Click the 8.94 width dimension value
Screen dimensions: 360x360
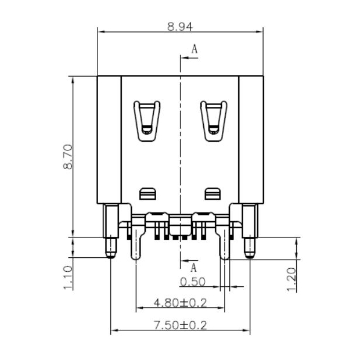click(180, 26)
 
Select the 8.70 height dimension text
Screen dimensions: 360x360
click(68, 157)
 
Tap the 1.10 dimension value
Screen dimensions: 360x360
click(68, 277)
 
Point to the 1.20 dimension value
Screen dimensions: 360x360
click(292, 279)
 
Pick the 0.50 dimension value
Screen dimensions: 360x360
click(193, 282)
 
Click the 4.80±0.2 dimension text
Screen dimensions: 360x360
click(180, 303)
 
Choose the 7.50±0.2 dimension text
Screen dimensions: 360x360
click(180, 326)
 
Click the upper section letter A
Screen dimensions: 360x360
click(195, 50)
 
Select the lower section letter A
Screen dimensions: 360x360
click(194, 268)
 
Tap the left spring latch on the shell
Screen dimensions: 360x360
click(146, 120)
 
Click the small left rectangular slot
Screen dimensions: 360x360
click(147, 192)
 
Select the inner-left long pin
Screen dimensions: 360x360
click(135, 244)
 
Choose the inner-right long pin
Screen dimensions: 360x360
click(225, 244)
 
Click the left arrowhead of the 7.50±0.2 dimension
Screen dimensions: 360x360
click(114, 331)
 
